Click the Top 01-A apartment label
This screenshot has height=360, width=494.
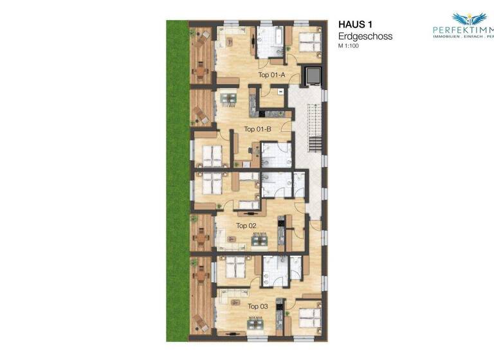coord(271,75)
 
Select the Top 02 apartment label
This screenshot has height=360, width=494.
coord(246,226)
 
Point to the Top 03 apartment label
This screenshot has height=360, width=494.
coord(257,307)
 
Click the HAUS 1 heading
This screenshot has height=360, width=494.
coord(355,24)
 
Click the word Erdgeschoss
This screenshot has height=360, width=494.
coord(365,37)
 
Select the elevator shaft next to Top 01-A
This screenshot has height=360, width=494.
coord(313,75)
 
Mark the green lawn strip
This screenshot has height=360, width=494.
coord(177,180)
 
